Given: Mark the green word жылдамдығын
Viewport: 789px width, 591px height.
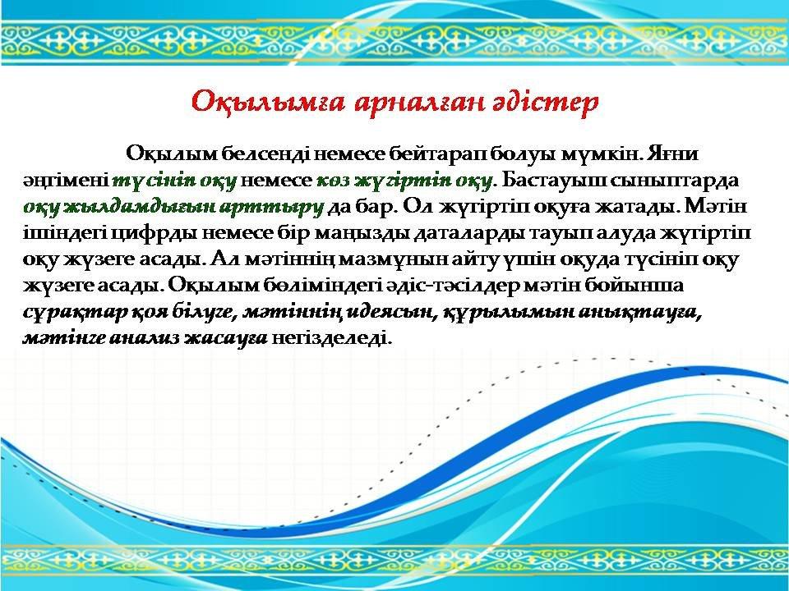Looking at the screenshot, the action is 141,207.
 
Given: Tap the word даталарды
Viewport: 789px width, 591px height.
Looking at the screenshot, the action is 462,233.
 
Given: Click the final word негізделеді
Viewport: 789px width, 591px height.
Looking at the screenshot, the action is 331,337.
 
